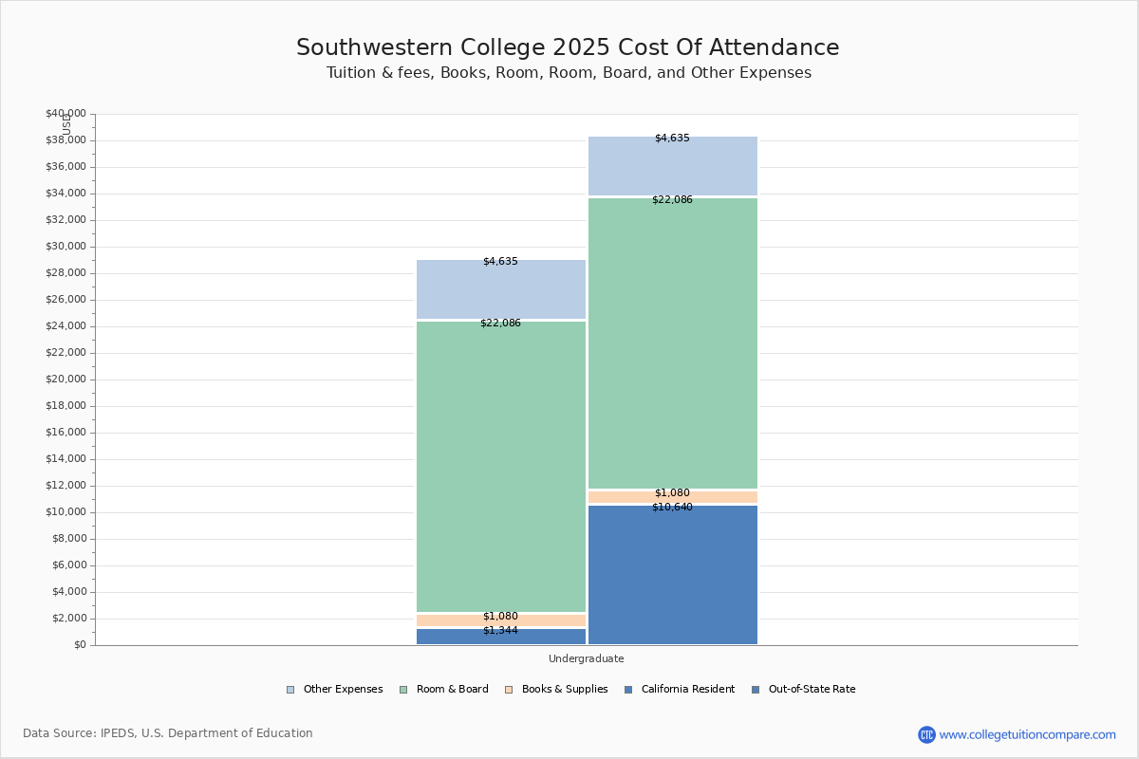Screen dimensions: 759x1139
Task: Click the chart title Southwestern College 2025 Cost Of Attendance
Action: pos(568,47)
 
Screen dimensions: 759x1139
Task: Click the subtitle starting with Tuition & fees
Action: pos(569,73)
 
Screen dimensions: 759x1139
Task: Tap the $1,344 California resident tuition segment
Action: pos(500,637)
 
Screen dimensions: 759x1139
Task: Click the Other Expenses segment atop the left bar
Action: pos(500,289)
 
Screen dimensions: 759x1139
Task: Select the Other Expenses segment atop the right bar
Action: pos(672,166)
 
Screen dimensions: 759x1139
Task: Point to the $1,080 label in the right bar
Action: pos(672,493)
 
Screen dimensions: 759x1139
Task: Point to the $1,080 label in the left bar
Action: pos(500,617)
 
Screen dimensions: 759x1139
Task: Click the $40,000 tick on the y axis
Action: pos(65,114)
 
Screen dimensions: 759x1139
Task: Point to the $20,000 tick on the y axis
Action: pos(65,379)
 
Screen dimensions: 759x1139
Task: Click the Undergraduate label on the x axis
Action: pos(586,658)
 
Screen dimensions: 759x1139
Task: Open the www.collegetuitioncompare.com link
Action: pos(1027,734)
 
